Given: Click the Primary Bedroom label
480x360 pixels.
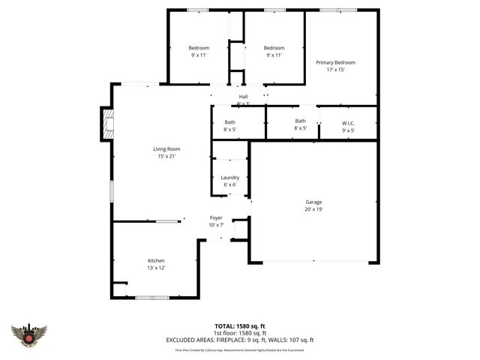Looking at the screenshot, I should click(x=335, y=62).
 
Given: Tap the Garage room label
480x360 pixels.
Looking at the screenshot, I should click(x=313, y=202).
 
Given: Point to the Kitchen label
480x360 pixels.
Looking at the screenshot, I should click(x=156, y=260).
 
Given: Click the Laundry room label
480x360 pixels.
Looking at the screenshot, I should click(x=230, y=177).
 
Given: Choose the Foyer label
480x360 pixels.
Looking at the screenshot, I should click(x=216, y=217).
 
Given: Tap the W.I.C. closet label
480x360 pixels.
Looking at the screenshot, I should click(x=348, y=123).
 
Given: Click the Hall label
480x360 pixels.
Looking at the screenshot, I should click(x=243, y=97).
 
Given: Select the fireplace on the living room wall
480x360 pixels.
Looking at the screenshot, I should click(x=107, y=124).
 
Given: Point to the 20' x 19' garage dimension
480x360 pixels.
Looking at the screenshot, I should click(x=313, y=209).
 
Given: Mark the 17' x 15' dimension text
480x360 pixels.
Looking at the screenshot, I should click(x=335, y=70).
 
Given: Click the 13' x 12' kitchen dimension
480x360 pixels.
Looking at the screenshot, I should click(x=156, y=268).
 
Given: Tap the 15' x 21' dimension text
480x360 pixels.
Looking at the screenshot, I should click(x=166, y=156).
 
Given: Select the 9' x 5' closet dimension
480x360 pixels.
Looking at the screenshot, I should click(x=348, y=130).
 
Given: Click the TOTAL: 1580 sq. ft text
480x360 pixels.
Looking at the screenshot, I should click(x=240, y=326).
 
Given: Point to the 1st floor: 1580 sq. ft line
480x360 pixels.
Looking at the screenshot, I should click(x=240, y=333).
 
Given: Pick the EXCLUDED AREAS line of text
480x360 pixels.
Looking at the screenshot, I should click(x=240, y=340).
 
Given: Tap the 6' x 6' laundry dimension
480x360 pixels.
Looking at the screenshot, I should click(x=230, y=184).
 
